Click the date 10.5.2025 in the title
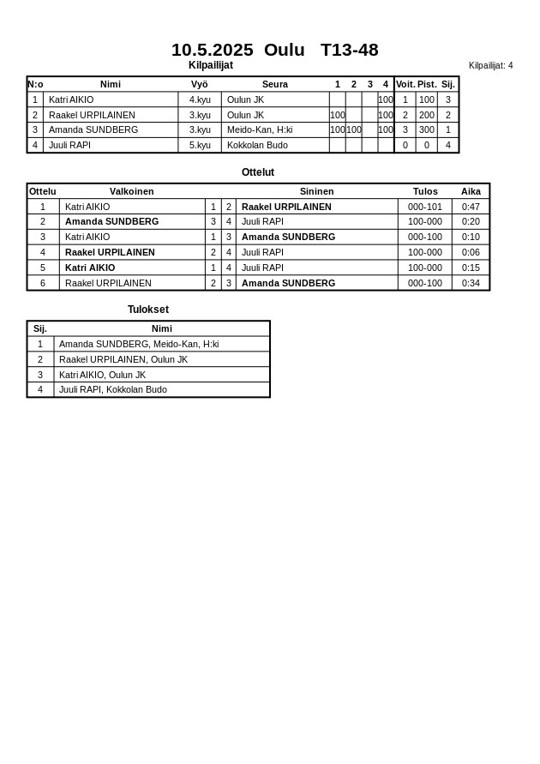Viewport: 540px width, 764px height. pos(212,50)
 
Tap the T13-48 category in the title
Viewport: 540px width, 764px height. pos(349,50)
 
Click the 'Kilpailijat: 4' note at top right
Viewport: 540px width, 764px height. pos(490,65)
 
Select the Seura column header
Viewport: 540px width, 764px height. pos(274,84)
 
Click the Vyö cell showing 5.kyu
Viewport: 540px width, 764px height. pos(200,145)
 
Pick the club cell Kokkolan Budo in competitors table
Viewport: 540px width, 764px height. pos(257,145)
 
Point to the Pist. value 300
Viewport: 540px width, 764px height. pos(426,129)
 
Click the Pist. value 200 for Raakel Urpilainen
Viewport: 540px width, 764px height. pos(426,115)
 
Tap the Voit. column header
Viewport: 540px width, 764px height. pos(405,84)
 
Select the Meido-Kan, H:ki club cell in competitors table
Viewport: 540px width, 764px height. pos(260,129)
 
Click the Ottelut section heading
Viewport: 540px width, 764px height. pos(257,172)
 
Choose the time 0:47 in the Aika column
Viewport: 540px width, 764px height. pos(471,207)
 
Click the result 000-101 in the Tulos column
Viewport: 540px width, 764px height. pos(424,207)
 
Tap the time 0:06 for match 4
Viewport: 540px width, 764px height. pos(471,252)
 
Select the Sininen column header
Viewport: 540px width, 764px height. pos(316,191)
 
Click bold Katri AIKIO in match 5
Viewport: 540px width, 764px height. pos(90,268)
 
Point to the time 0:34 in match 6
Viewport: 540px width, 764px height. pos(471,283)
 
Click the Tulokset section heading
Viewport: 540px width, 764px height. pos(147,310)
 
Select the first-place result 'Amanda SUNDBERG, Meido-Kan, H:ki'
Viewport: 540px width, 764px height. pos(138,344)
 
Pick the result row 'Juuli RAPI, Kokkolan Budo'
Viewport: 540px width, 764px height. pos(112,389)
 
